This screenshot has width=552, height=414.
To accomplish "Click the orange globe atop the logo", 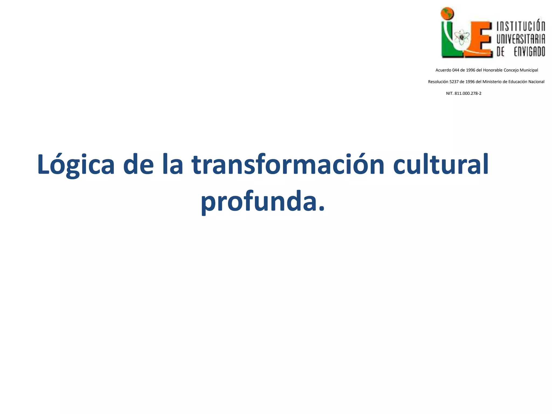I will pos(447,13).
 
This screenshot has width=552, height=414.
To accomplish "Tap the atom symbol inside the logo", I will pos(462,38).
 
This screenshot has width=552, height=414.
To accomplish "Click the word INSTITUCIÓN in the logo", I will pos(520,26).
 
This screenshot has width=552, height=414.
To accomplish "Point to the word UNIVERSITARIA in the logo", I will pos(520,39).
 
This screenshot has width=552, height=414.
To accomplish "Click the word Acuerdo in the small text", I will pos(443,70).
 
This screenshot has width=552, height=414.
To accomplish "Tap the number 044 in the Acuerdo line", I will pos(456,70).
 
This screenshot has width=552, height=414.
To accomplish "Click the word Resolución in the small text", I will pos(438,82).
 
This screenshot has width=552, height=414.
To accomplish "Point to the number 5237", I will pos(454,82).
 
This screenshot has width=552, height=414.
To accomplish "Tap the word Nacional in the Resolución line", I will pos(536,82).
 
